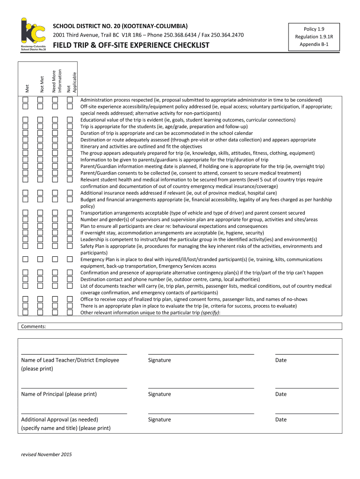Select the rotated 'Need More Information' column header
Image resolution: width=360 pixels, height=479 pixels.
(x=56, y=75)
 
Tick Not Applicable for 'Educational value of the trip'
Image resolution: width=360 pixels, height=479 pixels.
(x=70, y=120)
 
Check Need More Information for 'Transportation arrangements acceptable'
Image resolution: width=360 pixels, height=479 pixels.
(x=55, y=213)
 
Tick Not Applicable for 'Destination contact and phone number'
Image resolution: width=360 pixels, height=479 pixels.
(x=70, y=279)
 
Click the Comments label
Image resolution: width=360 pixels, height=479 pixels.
(x=34, y=327)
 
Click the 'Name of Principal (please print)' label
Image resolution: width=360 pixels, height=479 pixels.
(x=59, y=394)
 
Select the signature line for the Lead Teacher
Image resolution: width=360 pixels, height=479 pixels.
(x=201, y=354)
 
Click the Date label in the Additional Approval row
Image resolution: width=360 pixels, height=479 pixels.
(x=281, y=420)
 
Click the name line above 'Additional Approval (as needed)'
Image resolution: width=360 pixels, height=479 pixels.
(x=74, y=413)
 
